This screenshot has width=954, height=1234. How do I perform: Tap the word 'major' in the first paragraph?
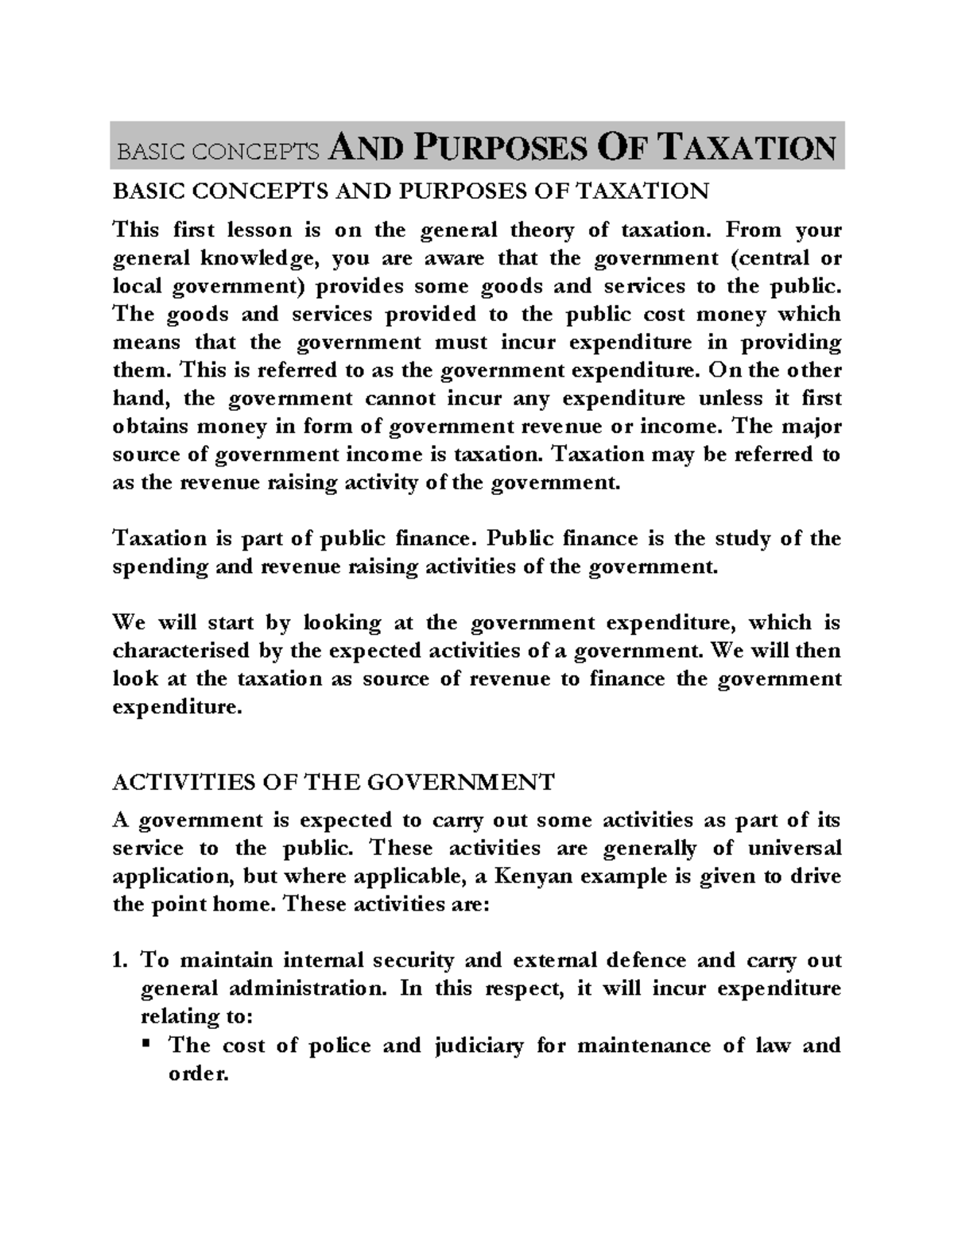click(809, 427)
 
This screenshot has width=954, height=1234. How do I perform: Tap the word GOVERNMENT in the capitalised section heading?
click(460, 782)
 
